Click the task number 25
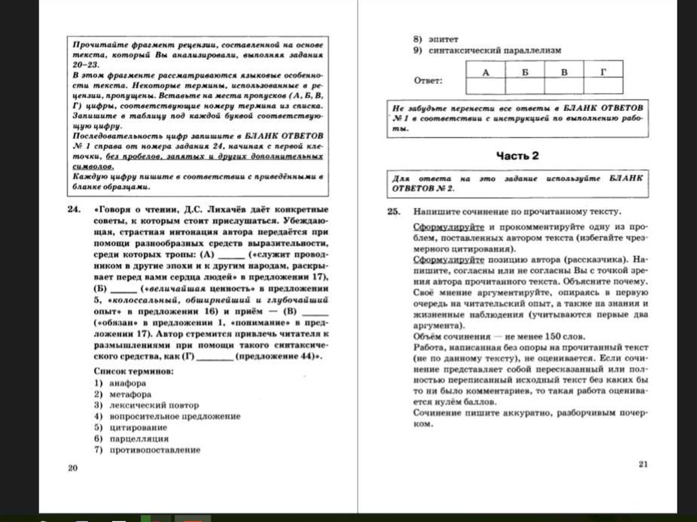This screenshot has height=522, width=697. (x=393, y=212)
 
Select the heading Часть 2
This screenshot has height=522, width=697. (x=517, y=156)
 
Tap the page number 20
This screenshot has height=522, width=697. (x=74, y=468)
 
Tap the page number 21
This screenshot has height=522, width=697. (x=644, y=464)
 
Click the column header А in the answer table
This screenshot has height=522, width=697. (x=485, y=71)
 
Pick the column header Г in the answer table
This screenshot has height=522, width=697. (x=602, y=71)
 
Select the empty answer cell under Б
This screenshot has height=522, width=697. (x=525, y=86)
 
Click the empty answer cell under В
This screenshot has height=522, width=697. (x=564, y=86)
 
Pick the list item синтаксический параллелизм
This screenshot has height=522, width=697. (x=495, y=50)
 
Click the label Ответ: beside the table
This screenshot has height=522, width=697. (x=428, y=81)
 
